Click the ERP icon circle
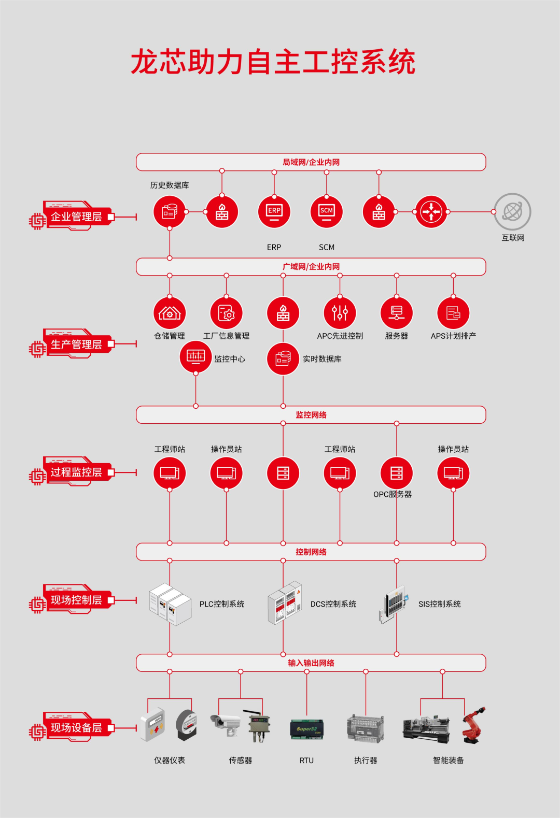[x=274, y=211]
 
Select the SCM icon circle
[x=326, y=211]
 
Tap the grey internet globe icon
[x=512, y=211]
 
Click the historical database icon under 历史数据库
[x=170, y=211]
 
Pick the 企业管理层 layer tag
[x=76, y=217]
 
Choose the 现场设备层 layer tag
[x=76, y=728]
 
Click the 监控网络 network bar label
[x=311, y=415]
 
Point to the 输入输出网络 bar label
[x=311, y=663]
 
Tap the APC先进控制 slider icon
[x=340, y=313]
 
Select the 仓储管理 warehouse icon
[x=170, y=313]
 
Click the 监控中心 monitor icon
[x=195, y=357]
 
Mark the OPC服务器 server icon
[x=397, y=473]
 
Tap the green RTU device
[x=306, y=729]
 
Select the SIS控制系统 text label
[x=439, y=604]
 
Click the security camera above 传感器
[x=226, y=723]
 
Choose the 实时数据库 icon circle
[x=283, y=358]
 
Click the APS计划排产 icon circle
[x=453, y=313]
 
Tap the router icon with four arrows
[x=431, y=211]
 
